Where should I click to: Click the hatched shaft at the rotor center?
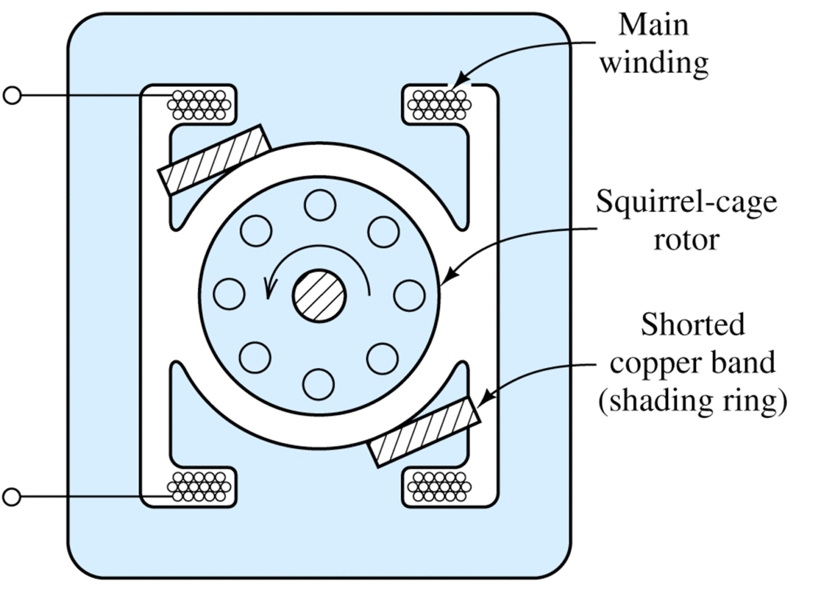(319, 296)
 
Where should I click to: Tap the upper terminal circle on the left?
(11, 96)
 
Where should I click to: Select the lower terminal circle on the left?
(11, 497)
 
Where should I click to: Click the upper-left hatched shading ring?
(215, 160)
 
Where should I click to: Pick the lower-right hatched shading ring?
(425, 432)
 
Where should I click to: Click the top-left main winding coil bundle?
(199, 105)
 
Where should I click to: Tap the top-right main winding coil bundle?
(439, 105)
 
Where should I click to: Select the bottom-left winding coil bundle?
(199, 487)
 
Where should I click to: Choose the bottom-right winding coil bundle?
(439, 487)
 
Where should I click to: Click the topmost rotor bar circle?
(320, 205)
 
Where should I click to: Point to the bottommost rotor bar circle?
(319, 385)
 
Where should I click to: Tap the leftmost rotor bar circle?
(229, 294)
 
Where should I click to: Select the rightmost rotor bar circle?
(409, 296)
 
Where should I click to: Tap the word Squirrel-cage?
(686, 201)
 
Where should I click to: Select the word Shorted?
(693, 324)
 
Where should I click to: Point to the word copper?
(650, 363)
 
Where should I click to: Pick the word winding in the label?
(654, 63)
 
